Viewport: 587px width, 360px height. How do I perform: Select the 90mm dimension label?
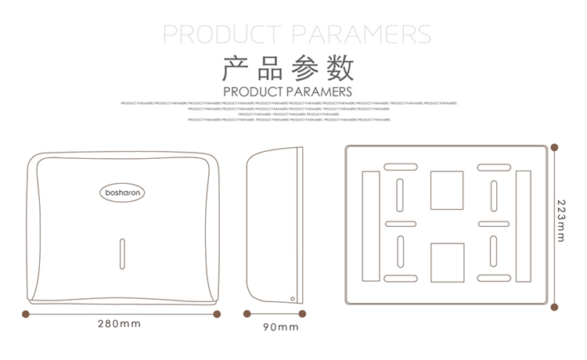point(281,327)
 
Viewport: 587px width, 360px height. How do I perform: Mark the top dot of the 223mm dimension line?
point(555,146)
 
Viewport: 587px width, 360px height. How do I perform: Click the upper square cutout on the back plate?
point(447,189)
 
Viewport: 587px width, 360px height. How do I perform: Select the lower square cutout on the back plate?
point(447,261)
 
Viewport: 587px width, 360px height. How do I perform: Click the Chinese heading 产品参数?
point(289,69)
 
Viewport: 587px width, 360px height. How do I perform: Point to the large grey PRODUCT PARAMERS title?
point(296,34)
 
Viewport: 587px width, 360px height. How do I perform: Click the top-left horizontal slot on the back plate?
point(400,167)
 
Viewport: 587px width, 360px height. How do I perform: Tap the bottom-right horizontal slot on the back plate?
point(494,279)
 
